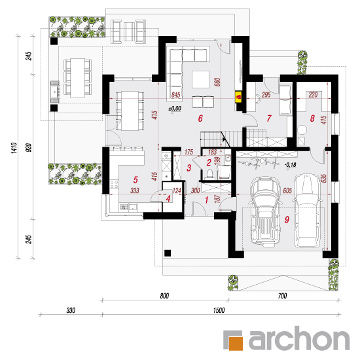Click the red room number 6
click(x=200, y=118)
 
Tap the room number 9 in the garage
click(x=287, y=220)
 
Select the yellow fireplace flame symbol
click(x=239, y=97)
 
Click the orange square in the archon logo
click(x=236, y=343)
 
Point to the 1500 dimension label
click(x=219, y=310)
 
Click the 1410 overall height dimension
click(x=14, y=148)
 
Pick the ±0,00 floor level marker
click(x=175, y=109)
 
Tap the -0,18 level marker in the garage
click(x=290, y=164)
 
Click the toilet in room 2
click(x=209, y=174)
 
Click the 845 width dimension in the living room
click(x=175, y=95)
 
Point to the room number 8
click(x=312, y=118)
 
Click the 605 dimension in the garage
click(x=287, y=190)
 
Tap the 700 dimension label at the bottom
click(x=282, y=296)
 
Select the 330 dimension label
click(x=71, y=310)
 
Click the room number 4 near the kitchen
click(x=168, y=198)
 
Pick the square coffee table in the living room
click(x=201, y=79)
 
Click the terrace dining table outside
click(x=78, y=79)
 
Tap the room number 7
click(x=269, y=118)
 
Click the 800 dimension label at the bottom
click(x=164, y=296)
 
